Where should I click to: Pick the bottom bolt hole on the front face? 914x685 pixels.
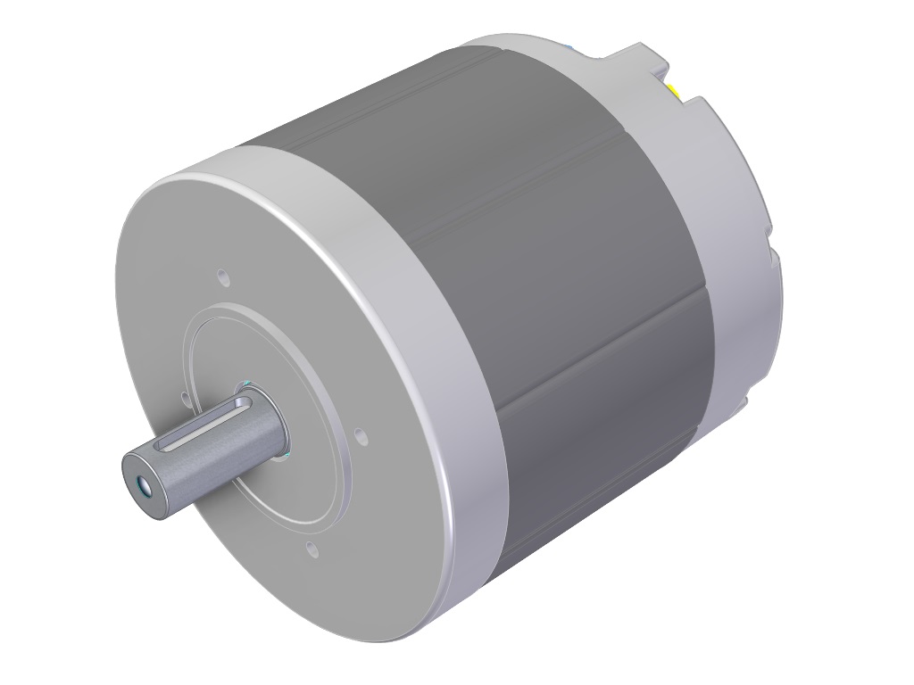(x=311, y=547)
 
